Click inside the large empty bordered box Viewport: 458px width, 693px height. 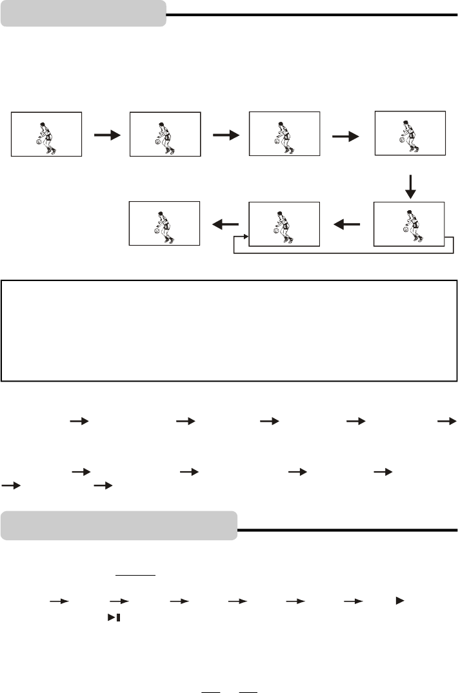pyautogui.click(x=229, y=330)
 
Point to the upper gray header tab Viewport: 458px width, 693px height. pyautogui.click(x=83, y=13)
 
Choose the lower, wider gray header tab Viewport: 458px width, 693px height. pyautogui.click(x=119, y=525)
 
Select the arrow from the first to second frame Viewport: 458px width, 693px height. pyautogui.click(x=106, y=135)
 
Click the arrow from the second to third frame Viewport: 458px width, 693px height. pyautogui.click(x=226, y=135)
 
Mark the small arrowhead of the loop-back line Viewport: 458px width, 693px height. pyautogui.click(x=246, y=237)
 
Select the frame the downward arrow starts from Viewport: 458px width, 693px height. pyautogui.click(x=410, y=133)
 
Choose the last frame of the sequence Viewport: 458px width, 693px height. pyautogui.click(x=164, y=223)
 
